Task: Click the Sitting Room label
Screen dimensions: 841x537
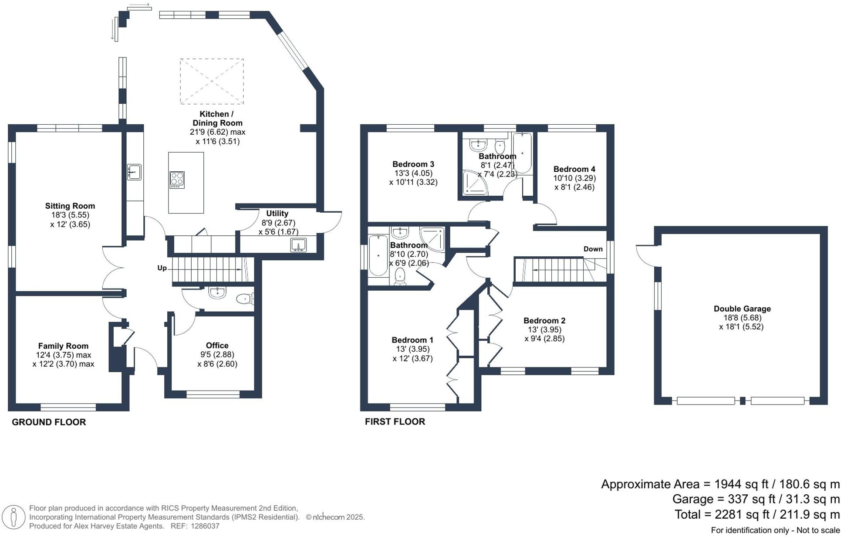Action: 70,206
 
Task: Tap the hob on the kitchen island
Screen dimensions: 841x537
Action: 177,180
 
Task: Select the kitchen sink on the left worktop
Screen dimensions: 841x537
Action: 134,172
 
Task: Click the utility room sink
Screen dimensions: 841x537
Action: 299,245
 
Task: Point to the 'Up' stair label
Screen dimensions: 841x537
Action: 162,268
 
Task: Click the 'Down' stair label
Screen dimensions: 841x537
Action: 593,249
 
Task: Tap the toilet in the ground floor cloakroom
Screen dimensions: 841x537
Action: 245,299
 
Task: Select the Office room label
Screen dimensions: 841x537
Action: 217,346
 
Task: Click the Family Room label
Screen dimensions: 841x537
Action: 63,346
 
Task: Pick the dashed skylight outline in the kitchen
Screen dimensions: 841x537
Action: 212,82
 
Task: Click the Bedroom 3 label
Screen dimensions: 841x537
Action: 413,164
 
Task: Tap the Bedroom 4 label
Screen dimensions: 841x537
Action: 574,169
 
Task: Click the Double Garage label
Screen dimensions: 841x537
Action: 742,309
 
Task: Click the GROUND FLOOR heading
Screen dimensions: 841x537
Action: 49,422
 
